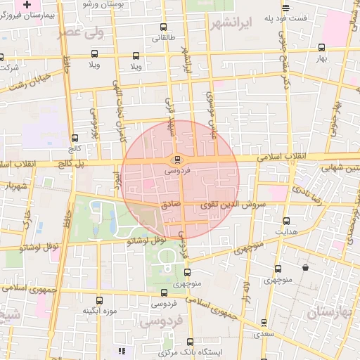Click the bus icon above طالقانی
point(163,28)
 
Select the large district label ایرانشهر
point(231,22)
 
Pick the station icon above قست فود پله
point(285,8)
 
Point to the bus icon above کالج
point(75,138)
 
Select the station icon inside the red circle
point(176,159)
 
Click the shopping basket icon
point(304,268)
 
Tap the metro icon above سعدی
point(264,323)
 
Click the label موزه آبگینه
point(99,310)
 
